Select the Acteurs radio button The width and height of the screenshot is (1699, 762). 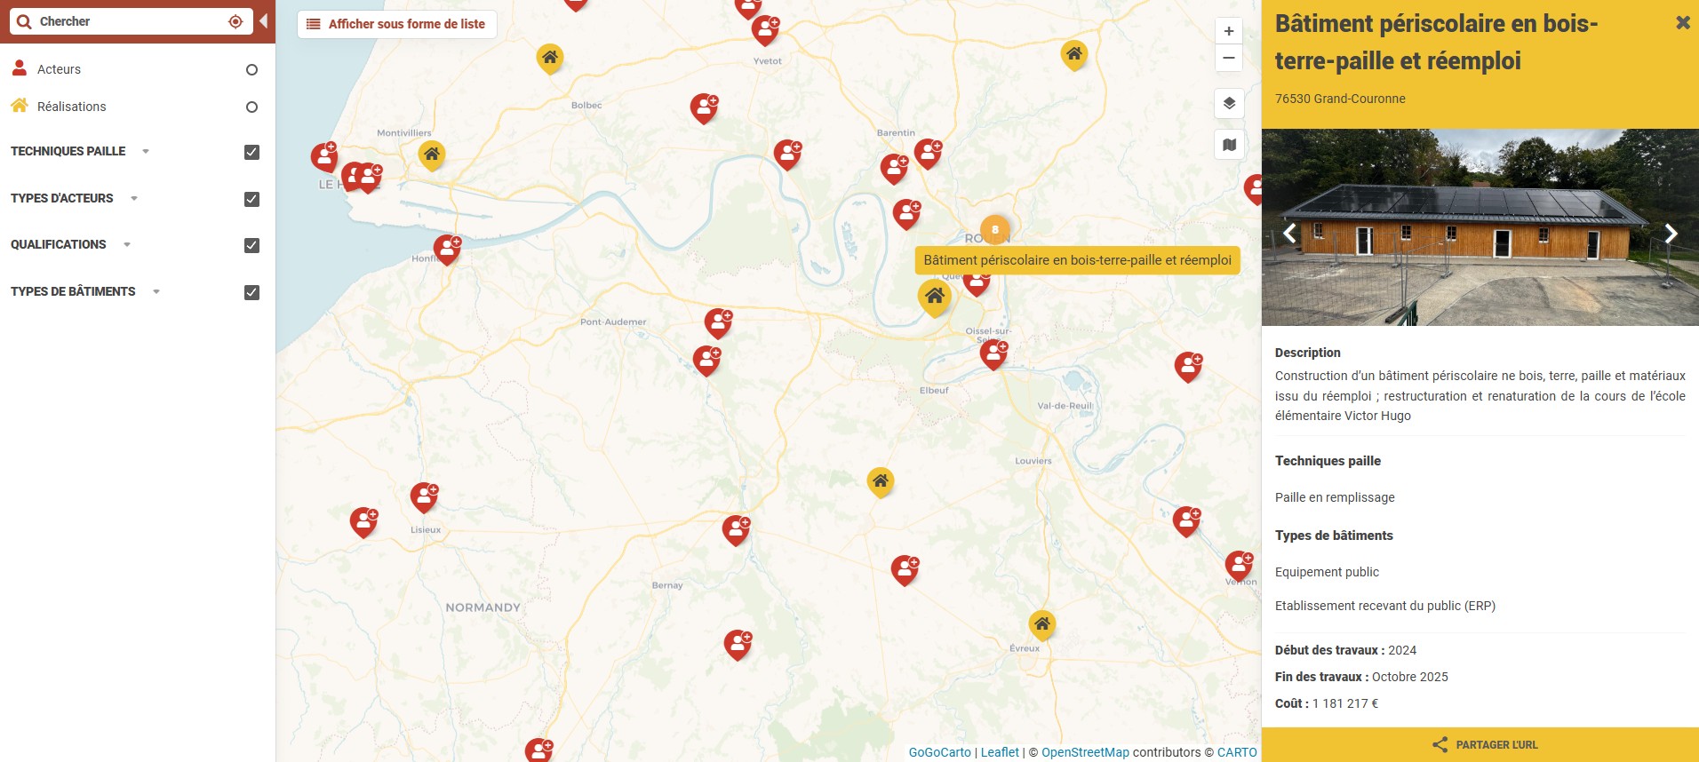pyautogui.click(x=251, y=69)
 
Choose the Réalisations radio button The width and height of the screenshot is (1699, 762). pyautogui.click(x=251, y=107)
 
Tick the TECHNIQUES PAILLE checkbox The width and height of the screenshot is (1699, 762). pyautogui.click(x=251, y=152)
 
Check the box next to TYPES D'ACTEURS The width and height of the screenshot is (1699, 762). pyautogui.click(x=251, y=199)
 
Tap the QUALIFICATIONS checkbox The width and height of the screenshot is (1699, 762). pyautogui.click(x=251, y=245)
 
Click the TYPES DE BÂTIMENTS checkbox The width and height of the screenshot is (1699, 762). pyautogui.click(x=251, y=292)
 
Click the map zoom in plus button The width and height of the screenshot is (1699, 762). pyautogui.click(x=1228, y=31)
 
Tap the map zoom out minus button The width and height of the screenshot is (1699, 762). pyautogui.click(x=1228, y=58)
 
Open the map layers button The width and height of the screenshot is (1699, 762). pyautogui.click(x=1229, y=103)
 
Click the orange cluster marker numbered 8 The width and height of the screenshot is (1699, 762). pyautogui.click(x=994, y=229)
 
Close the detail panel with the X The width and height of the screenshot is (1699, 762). pyautogui.click(x=1682, y=23)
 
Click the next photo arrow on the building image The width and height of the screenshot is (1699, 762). pyautogui.click(x=1671, y=234)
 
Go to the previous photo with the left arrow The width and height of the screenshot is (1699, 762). pyautogui.click(x=1290, y=234)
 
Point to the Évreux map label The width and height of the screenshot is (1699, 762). pyautogui.click(x=1025, y=648)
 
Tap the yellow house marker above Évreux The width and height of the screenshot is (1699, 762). pyautogui.click(x=1042, y=623)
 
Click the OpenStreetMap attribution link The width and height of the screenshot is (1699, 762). pyautogui.click(x=1085, y=752)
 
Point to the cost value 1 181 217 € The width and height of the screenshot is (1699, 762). pyautogui.click(x=1345, y=703)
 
